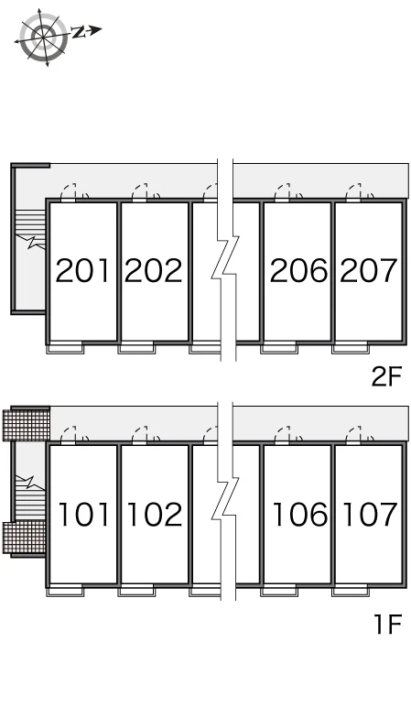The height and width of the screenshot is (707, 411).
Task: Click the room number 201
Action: click(82, 270)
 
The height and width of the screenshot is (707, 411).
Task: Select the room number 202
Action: click(153, 270)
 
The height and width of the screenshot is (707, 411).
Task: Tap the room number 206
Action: click(298, 270)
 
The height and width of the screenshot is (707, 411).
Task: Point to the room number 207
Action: click(369, 270)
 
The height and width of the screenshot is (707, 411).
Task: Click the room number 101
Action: click(84, 514)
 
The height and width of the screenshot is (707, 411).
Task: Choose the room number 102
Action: click(155, 514)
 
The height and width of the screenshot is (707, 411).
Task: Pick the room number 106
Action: click(300, 514)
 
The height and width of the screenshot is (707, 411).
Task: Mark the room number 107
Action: click(370, 514)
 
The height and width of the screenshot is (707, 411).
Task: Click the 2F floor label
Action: click(386, 376)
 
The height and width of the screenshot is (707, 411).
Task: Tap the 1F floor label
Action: click(388, 624)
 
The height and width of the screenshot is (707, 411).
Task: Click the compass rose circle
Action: click(44, 37)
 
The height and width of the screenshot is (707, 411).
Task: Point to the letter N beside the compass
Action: click(79, 31)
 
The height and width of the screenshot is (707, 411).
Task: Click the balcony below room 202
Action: click(136, 349)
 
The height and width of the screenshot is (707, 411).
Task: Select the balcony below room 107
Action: click(350, 591)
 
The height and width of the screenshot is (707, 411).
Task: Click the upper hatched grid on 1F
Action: click(26, 424)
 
